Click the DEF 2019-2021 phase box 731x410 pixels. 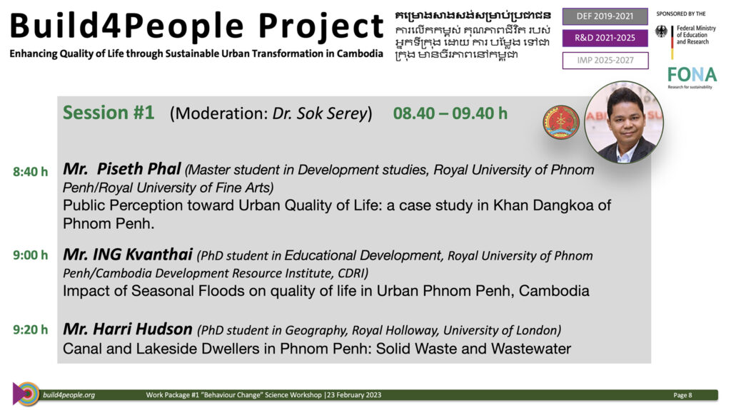click(x=605, y=16)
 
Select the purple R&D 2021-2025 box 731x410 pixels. click(x=605, y=39)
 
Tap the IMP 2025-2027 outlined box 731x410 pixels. click(x=605, y=61)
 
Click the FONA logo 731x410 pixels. click(x=692, y=77)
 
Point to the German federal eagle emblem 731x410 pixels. click(x=661, y=31)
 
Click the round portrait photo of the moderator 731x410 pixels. click(x=624, y=122)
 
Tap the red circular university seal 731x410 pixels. click(x=561, y=122)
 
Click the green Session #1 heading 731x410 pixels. click(x=109, y=113)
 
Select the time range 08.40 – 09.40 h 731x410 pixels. click(x=450, y=113)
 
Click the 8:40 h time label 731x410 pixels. click(x=30, y=172)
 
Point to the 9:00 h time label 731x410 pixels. click(x=30, y=255)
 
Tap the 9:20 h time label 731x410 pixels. click(x=30, y=330)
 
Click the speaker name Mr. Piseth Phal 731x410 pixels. click(x=121, y=169)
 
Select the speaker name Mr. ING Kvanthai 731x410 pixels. click(x=128, y=255)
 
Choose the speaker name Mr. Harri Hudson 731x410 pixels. click(x=128, y=329)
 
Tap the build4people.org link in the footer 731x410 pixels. click(x=69, y=395)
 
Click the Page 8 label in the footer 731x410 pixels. click(x=682, y=395)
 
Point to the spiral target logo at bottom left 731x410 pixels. click(x=26, y=394)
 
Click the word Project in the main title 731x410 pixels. click(x=321, y=26)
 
